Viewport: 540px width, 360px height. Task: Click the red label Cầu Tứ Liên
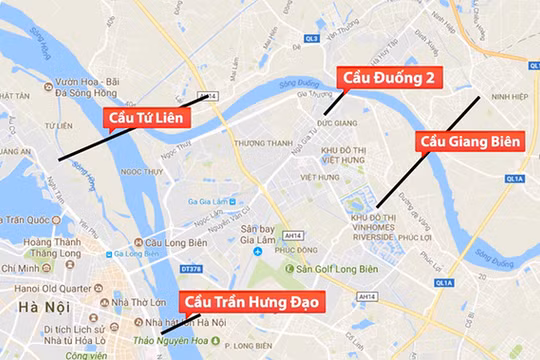click(150, 118)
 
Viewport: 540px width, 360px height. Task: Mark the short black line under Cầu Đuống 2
click(333, 101)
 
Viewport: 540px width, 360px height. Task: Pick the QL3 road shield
click(311, 38)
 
